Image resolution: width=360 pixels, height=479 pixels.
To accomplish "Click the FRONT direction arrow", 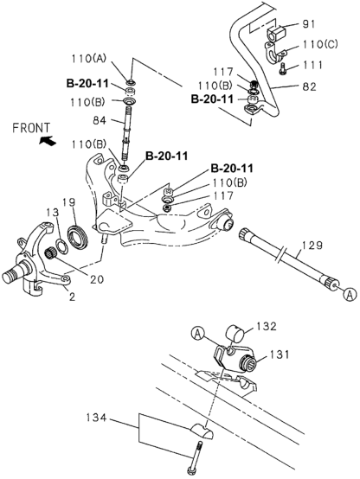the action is click(x=48, y=141).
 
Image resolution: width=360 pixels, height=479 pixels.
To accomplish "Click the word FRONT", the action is click(x=31, y=128).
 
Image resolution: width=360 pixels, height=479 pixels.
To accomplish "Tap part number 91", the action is click(x=309, y=24).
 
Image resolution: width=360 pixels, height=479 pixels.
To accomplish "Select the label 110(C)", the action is click(x=320, y=45).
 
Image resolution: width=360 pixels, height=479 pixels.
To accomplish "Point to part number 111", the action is click(x=312, y=65).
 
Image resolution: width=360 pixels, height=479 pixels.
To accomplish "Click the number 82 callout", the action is click(x=309, y=86).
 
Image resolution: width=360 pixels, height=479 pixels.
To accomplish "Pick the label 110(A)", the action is click(x=88, y=58).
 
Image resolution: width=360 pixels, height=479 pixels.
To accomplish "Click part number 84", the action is click(x=100, y=121).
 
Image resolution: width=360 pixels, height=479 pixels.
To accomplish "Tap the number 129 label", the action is click(x=312, y=245).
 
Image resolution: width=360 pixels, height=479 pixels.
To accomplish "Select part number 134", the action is click(x=96, y=417).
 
